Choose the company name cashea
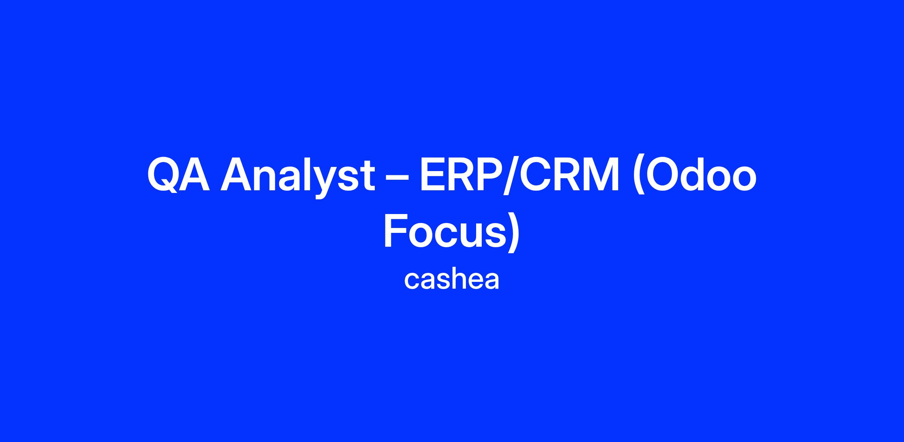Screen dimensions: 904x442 452,280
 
